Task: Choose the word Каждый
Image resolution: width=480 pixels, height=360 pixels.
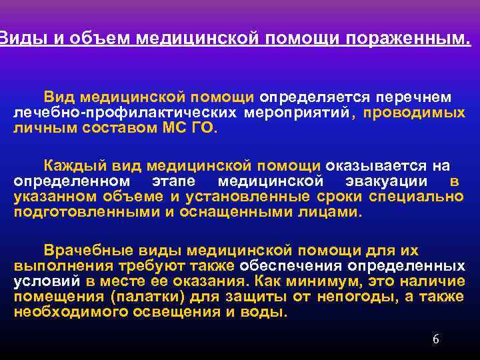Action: pos(71,166)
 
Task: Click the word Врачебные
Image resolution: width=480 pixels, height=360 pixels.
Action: pos(89,251)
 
